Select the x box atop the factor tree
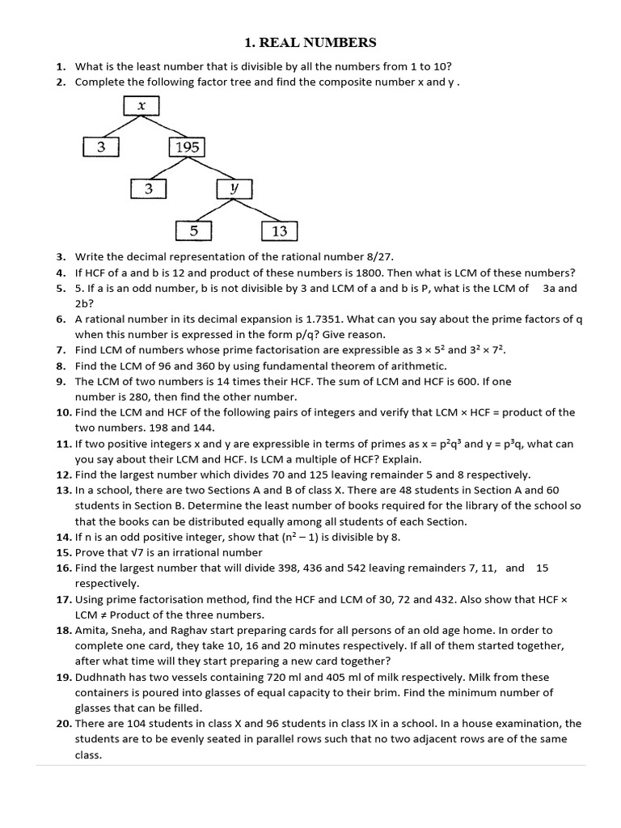click(142, 106)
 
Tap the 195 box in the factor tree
click(187, 147)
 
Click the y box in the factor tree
click(233, 188)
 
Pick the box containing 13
click(280, 231)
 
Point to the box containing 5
click(194, 231)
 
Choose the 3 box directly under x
click(101, 147)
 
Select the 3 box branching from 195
click(149, 188)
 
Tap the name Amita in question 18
click(91, 630)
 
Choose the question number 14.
click(64, 537)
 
